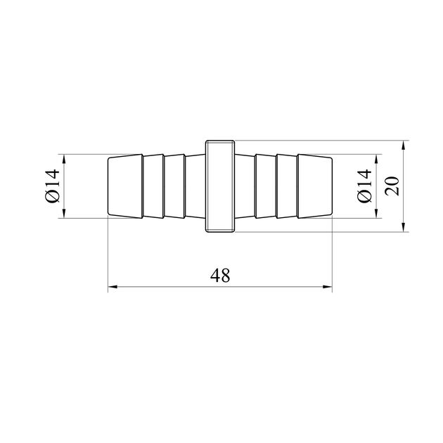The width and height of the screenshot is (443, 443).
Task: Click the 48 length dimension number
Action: pos(220,276)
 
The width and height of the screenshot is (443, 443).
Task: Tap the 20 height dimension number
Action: pos(392,186)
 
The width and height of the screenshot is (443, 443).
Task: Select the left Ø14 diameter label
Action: pos(53,186)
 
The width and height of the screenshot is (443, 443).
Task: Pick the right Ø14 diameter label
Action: pos(364,186)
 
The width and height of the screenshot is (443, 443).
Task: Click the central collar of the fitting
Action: pos(220,186)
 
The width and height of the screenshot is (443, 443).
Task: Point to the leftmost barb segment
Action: pos(125,186)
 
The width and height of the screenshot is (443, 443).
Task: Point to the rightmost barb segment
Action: pos(315,186)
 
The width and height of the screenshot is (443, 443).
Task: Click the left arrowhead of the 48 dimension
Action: pos(113,287)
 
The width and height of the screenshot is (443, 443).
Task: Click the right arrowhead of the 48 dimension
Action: pos(328,287)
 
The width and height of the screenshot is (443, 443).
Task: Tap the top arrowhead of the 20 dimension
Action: pos(404,145)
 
